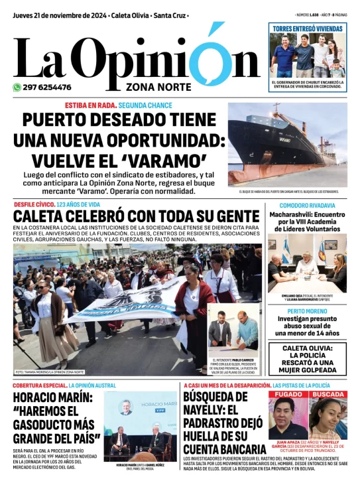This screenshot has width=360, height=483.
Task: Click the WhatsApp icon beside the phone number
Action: [x=17, y=87]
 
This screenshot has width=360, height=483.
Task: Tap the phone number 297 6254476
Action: [x=47, y=87]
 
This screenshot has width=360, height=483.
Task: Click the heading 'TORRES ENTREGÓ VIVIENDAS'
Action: [x=308, y=29]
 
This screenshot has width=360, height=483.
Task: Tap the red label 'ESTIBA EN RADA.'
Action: [x=91, y=105]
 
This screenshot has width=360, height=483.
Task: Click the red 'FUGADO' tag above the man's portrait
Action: [x=287, y=394]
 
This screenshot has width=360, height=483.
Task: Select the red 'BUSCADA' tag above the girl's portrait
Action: [x=328, y=394]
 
